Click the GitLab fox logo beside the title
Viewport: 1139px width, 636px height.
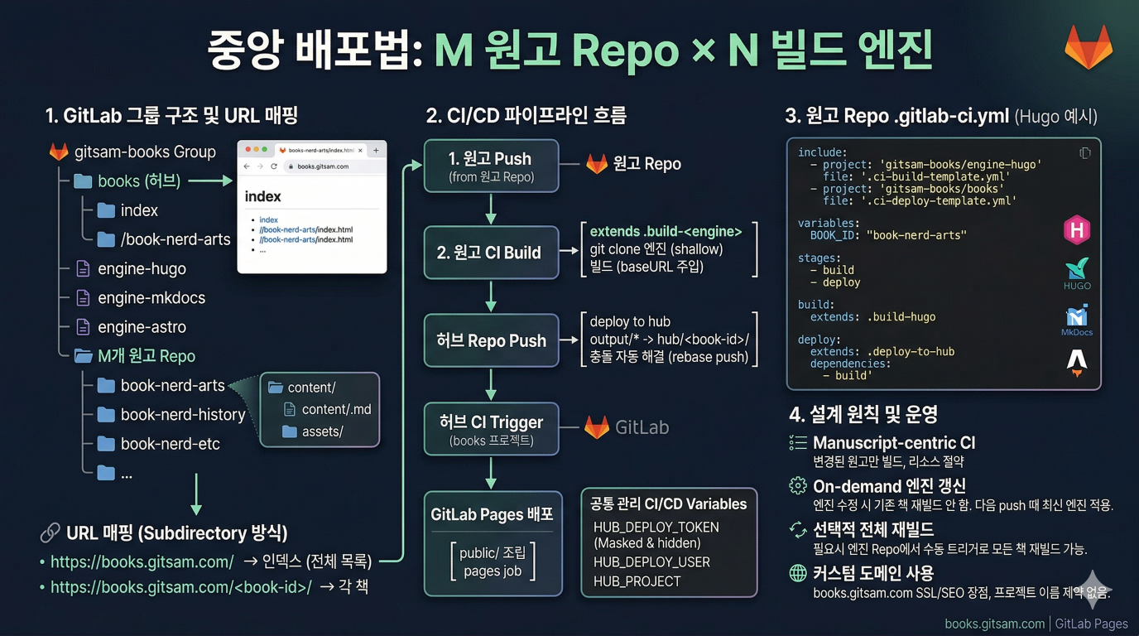[1088, 47]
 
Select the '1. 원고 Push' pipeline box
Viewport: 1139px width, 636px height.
[491, 166]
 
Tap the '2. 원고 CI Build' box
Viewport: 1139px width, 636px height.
[491, 253]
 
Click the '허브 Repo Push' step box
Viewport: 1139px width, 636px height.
[491, 340]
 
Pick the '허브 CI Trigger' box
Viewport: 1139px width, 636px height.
[491, 429]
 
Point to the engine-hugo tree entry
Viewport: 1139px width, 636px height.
[142, 269]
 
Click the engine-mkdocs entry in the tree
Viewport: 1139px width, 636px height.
[151, 298]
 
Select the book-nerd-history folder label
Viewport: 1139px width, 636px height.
[183, 415]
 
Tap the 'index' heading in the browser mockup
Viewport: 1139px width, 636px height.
[263, 197]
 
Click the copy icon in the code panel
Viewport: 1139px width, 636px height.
[1084, 153]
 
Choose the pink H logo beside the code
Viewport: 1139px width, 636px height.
[1076, 230]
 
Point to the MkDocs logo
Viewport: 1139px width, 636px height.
[1076, 320]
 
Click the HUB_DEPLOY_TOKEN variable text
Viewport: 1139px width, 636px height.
[656, 528]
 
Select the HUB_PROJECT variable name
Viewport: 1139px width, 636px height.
[637, 581]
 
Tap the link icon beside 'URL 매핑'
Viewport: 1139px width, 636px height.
[50, 532]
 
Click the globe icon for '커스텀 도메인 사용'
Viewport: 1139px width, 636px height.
[797, 573]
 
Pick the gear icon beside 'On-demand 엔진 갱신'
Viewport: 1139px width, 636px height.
[797, 486]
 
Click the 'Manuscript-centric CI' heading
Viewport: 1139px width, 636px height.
[894, 443]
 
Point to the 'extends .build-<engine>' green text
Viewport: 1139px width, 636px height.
[666, 232]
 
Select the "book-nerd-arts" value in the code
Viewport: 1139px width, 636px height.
[916, 235]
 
